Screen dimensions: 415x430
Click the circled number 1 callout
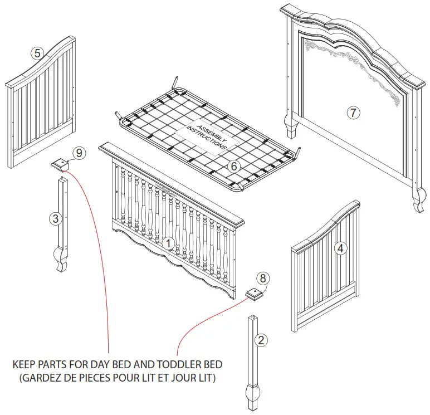[168, 243]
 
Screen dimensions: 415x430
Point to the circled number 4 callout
[339, 249]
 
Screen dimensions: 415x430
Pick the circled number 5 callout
[37, 53]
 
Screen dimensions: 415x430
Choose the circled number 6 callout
[234, 165]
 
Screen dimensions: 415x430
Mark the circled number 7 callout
[353, 112]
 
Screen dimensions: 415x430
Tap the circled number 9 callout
[79, 153]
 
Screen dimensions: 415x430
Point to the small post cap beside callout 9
[60, 164]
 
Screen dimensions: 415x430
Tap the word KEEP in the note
[25, 365]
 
